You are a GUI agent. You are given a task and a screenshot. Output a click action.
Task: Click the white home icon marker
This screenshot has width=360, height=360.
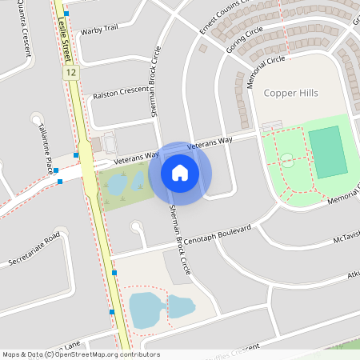tap(180, 172)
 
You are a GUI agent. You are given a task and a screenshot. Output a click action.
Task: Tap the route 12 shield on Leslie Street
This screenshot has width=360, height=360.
tap(72, 72)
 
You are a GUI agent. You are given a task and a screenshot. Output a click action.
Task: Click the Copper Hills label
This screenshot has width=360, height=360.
tap(290, 94)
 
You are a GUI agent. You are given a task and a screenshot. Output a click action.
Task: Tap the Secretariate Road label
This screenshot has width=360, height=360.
tap(34, 249)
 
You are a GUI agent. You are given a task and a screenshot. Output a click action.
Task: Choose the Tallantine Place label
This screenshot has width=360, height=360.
tap(49, 154)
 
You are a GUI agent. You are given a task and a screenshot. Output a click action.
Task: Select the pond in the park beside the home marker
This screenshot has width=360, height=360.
tap(117, 185)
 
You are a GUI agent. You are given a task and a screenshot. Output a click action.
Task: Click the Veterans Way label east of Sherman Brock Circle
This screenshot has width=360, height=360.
tap(210, 142)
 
